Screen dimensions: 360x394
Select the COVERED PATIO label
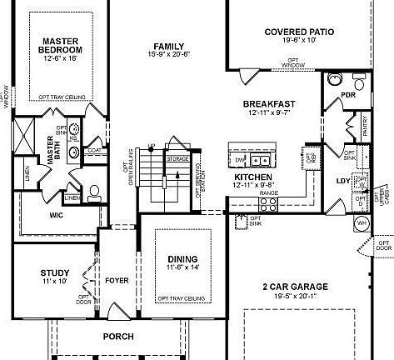pyautogui.click(x=299, y=32)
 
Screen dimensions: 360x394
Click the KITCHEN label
pyautogui.click(x=253, y=177)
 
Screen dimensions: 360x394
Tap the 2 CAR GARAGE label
pyautogui.click(x=295, y=287)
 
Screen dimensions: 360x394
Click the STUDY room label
pyautogui.click(x=56, y=272)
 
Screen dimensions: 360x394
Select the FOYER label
pyautogui.click(x=117, y=281)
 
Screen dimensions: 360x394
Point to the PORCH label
pyautogui.click(x=117, y=336)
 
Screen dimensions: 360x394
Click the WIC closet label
pyautogui.click(x=57, y=214)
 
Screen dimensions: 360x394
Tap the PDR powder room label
pyautogui.click(x=348, y=96)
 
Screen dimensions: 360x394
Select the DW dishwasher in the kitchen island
pyautogui.click(x=240, y=159)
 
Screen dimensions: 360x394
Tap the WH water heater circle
pyautogui.click(x=362, y=223)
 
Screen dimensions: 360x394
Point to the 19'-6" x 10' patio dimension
pyautogui.click(x=299, y=40)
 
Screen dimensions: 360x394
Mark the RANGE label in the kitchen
pyautogui.click(x=268, y=192)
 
